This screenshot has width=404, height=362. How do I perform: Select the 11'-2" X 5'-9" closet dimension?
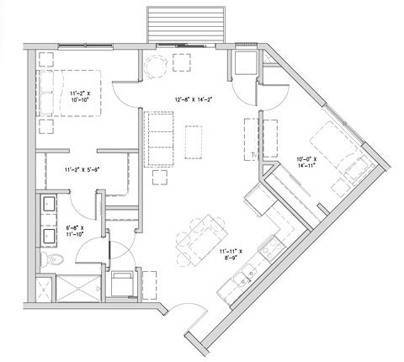coord(82,170)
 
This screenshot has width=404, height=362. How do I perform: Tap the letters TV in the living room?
coord(252,156)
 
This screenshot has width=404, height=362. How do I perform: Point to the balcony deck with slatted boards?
coord(186,24)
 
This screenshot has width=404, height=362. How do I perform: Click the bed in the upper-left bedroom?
coord(69,94)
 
